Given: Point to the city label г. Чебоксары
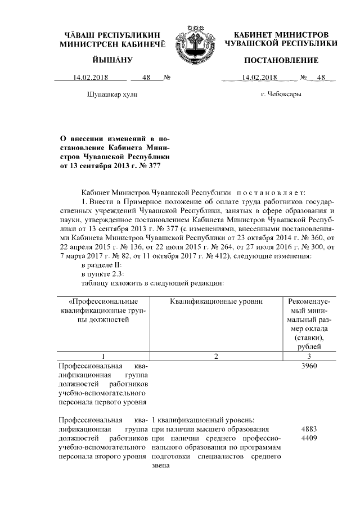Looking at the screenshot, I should (281, 94).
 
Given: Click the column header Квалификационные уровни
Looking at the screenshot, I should (216, 301).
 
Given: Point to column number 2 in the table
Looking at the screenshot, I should (216, 355).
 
